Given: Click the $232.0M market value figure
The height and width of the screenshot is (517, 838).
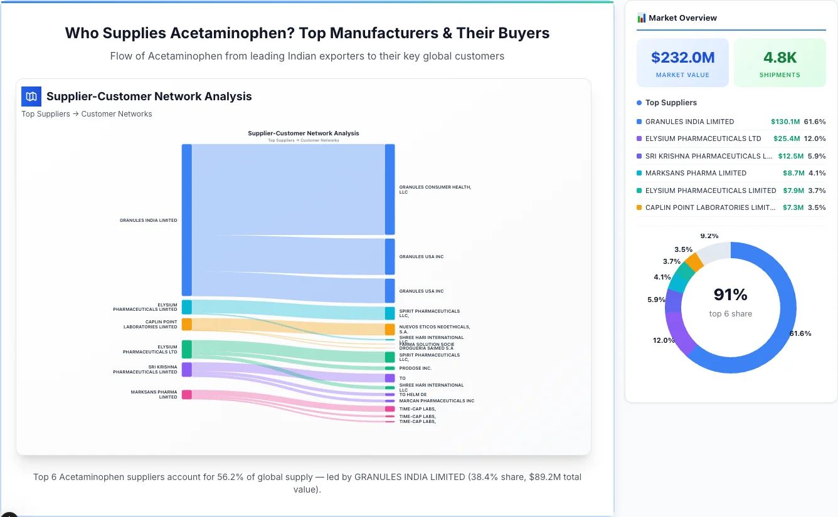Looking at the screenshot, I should [x=682, y=58].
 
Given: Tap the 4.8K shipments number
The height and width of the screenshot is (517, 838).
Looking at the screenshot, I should [x=780, y=58].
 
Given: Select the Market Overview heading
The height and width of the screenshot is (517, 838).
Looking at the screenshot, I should [x=682, y=18].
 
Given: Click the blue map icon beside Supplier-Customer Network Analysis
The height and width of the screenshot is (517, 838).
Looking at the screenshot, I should [x=31, y=97].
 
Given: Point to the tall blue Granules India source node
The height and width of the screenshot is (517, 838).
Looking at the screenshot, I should [x=186, y=220].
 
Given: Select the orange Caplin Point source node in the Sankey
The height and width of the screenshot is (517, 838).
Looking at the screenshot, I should [x=186, y=324].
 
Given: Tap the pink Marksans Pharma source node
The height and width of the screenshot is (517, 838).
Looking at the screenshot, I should [x=186, y=394].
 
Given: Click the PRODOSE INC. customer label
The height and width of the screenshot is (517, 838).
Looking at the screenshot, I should [x=415, y=368].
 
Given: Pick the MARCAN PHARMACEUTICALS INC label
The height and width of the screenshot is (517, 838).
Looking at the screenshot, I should [x=437, y=400].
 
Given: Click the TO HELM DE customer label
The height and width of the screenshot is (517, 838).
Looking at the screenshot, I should [x=413, y=395].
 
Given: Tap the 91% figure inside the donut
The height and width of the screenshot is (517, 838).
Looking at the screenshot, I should [x=730, y=295].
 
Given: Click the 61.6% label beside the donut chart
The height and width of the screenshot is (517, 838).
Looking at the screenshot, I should [x=800, y=333].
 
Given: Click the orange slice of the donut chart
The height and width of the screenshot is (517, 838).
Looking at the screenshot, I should [x=694, y=261].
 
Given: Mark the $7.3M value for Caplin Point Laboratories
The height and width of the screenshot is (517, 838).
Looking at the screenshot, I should [x=793, y=207].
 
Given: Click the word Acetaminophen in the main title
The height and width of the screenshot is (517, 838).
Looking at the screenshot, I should [x=241, y=33].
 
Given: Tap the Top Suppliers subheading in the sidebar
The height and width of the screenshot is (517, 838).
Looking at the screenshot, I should [x=671, y=103].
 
